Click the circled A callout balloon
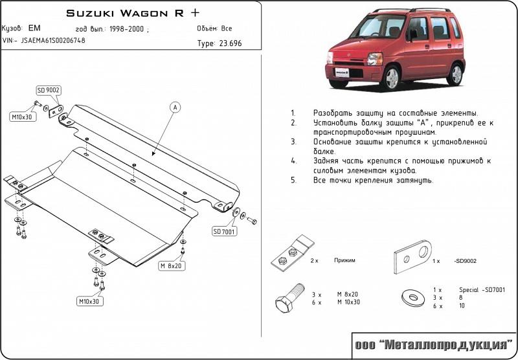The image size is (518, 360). tap(175, 107)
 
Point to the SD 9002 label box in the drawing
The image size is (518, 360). tap(49, 90)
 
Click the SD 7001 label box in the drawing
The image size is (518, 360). tap(224, 231)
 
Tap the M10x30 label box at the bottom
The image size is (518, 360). tap(90, 301)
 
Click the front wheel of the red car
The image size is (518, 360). tap(392, 79)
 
